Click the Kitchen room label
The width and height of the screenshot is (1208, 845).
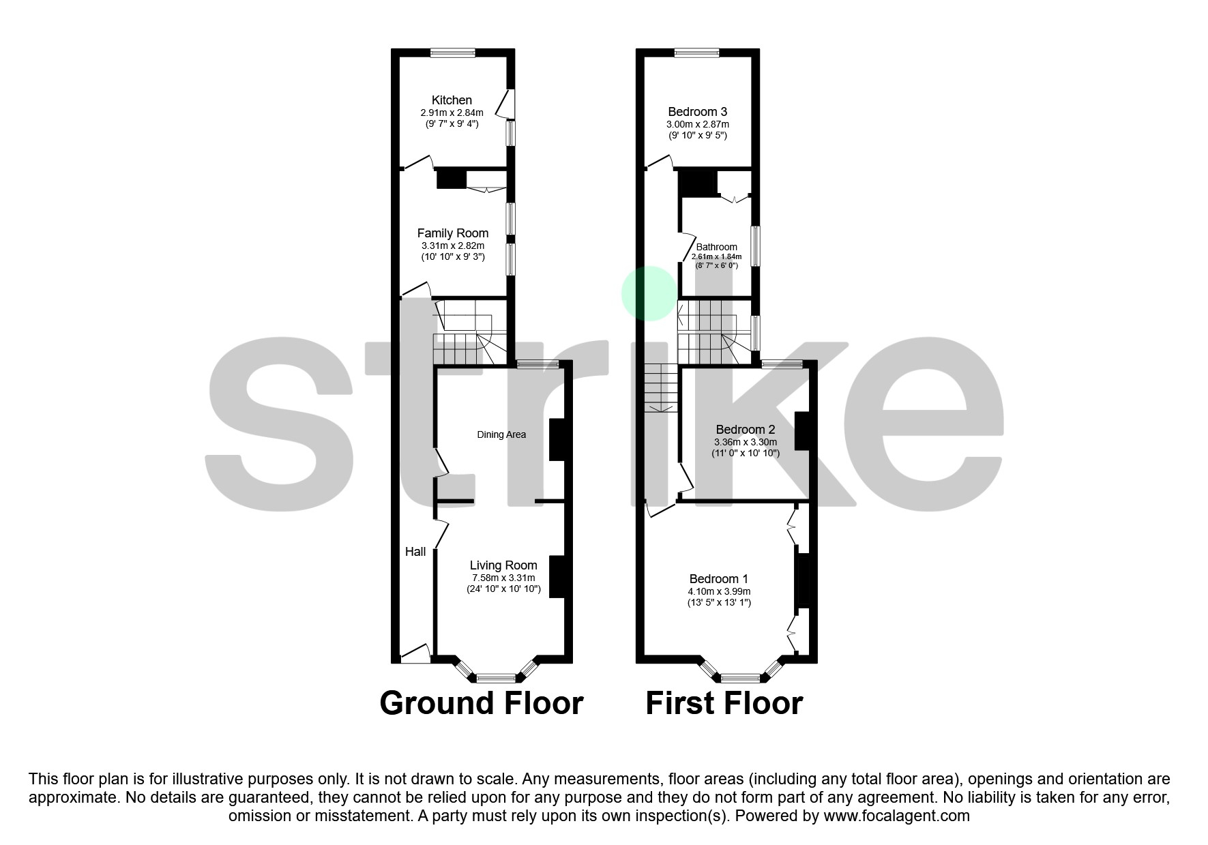[x=452, y=100]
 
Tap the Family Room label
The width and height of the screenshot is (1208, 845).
[x=452, y=233]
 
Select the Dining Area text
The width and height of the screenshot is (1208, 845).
[x=501, y=434]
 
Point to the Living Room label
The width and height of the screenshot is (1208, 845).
[x=503, y=565]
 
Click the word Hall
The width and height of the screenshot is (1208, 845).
[x=415, y=552]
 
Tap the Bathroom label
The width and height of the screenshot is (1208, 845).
[x=716, y=247]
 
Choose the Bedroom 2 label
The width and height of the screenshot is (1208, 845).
[x=745, y=430]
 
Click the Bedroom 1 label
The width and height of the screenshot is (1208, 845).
[x=719, y=579]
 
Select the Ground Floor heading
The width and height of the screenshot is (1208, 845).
[x=481, y=703]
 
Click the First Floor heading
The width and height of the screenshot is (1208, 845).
[x=724, y=703]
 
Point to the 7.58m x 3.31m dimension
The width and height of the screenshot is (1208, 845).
[x=503, y=578]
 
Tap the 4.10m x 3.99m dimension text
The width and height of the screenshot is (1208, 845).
[x=719, y=591]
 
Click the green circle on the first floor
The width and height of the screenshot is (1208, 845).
[x=649, y=293]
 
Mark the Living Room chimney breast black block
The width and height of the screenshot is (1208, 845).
[x=557, y=577]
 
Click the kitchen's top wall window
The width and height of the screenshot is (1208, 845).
[x=452, y=53]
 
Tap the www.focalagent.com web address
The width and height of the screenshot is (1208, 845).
[x=896, y=815]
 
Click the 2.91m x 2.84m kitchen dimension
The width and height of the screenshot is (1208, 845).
[x=452, y=113]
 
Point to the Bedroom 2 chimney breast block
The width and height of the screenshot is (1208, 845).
[x=801, y=430]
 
